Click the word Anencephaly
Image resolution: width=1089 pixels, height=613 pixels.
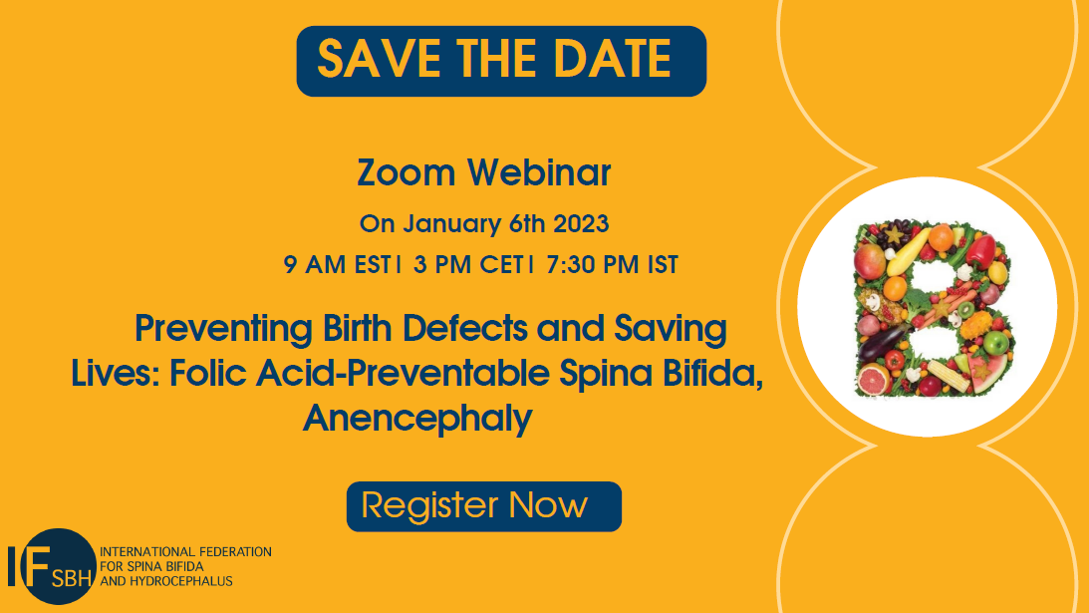(x=416, y=419)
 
